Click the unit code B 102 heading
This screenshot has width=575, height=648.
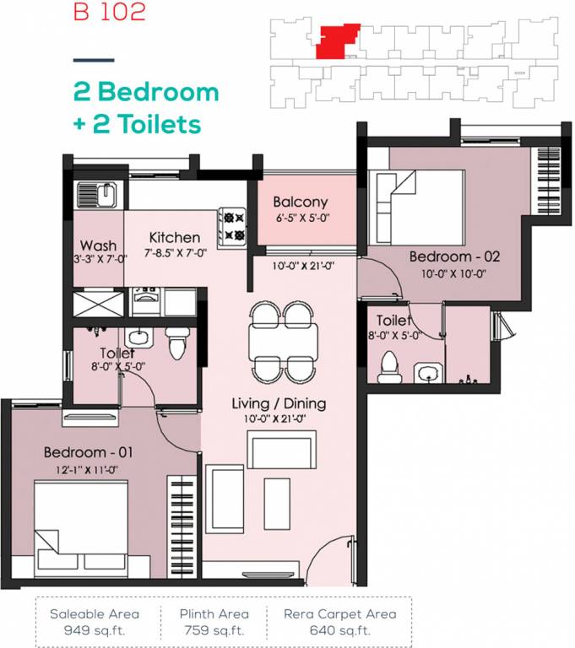click(109, 13)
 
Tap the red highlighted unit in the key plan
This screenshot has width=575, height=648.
click(337, 40)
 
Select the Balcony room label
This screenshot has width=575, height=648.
click(300, 202)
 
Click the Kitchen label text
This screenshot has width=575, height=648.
click(175, 238)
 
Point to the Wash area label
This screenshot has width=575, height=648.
click(98, 246)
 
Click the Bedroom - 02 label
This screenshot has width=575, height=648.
click(454, 256)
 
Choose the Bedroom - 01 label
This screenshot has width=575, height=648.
click(89, 452)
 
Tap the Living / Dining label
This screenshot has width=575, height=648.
click(279, 404)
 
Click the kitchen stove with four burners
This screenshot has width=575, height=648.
click(232, 225)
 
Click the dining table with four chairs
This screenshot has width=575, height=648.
click(284, 342)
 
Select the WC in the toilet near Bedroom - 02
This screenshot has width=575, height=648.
click(389, 365)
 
